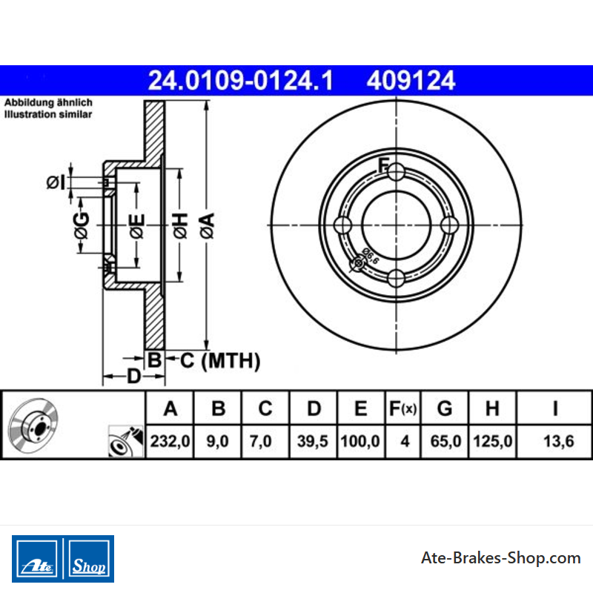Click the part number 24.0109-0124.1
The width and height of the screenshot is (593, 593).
tap(240, 81)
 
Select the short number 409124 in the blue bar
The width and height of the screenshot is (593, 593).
tap(411, 81)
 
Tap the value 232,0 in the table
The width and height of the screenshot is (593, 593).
tap(170, 441)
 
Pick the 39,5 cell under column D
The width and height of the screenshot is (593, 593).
tap(312, 441)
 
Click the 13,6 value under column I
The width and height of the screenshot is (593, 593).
tap(559, 441)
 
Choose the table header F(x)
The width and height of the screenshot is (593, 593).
tap(402, 408)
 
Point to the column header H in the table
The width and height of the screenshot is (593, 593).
tap(492, 408)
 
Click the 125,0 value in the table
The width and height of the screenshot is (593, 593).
tap(492, 441)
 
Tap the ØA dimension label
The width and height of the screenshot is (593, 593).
tap(208, 225)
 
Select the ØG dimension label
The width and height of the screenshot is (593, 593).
tap(82, 225)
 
